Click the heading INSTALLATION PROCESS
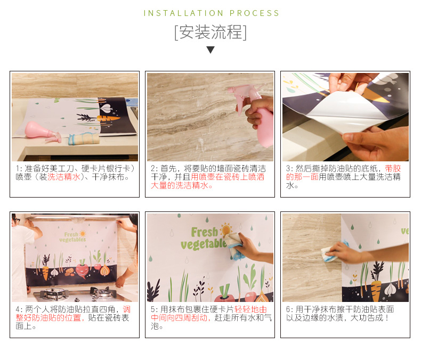coord(212,13)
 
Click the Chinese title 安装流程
coord(211,32)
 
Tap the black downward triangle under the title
coord(210,50)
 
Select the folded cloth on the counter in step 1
coord(84,138)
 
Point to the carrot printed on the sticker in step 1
coord(108,118)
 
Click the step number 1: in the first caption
coord(19,168)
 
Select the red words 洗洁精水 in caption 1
coord(64,177)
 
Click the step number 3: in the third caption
coord(289,168)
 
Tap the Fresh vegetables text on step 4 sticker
coord(73,237)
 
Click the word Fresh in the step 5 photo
coord(205,232)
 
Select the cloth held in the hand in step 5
coord(234,247)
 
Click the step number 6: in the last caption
coord(289,309)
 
